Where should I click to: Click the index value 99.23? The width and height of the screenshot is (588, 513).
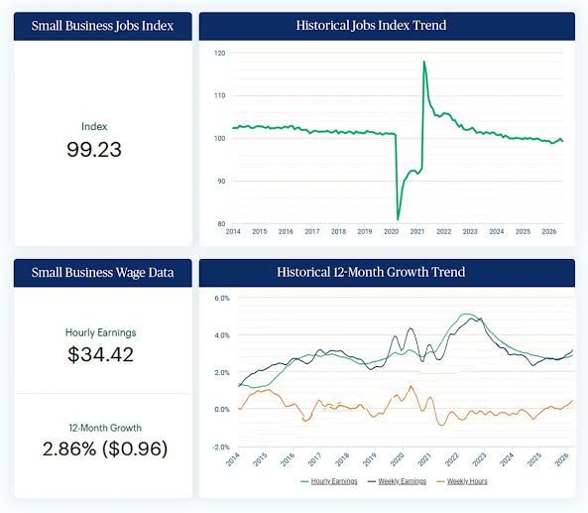pos(94,150)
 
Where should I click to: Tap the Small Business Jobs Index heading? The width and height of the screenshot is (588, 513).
pos(102,26)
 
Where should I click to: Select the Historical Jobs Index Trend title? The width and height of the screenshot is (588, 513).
pos(371,25)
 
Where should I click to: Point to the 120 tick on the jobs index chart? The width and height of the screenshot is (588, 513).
pos(220,54)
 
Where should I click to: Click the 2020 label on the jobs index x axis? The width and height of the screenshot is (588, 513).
pos(391,232)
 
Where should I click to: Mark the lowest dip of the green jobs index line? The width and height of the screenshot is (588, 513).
pos(398,219)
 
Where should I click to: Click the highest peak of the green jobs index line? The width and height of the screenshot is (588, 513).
pos(424,62)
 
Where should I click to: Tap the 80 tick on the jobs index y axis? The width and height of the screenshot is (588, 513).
pos(221,224)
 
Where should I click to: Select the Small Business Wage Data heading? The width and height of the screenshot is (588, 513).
pos(102,273)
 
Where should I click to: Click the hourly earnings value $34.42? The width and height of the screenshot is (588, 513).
pos(100,354)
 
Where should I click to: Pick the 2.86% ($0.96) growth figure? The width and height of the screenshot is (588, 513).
pos(105,449)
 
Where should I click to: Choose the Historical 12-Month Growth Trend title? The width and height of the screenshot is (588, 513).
pos(371,272)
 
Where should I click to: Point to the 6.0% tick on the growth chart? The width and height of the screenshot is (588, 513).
pos(222,299)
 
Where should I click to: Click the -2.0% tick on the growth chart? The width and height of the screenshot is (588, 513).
pos(221,448)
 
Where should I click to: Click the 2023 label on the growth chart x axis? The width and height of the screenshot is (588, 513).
pos(479,459)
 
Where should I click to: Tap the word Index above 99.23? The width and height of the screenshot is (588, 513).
pos(94,126)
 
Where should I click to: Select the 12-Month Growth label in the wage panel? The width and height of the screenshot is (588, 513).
pos(105,428)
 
